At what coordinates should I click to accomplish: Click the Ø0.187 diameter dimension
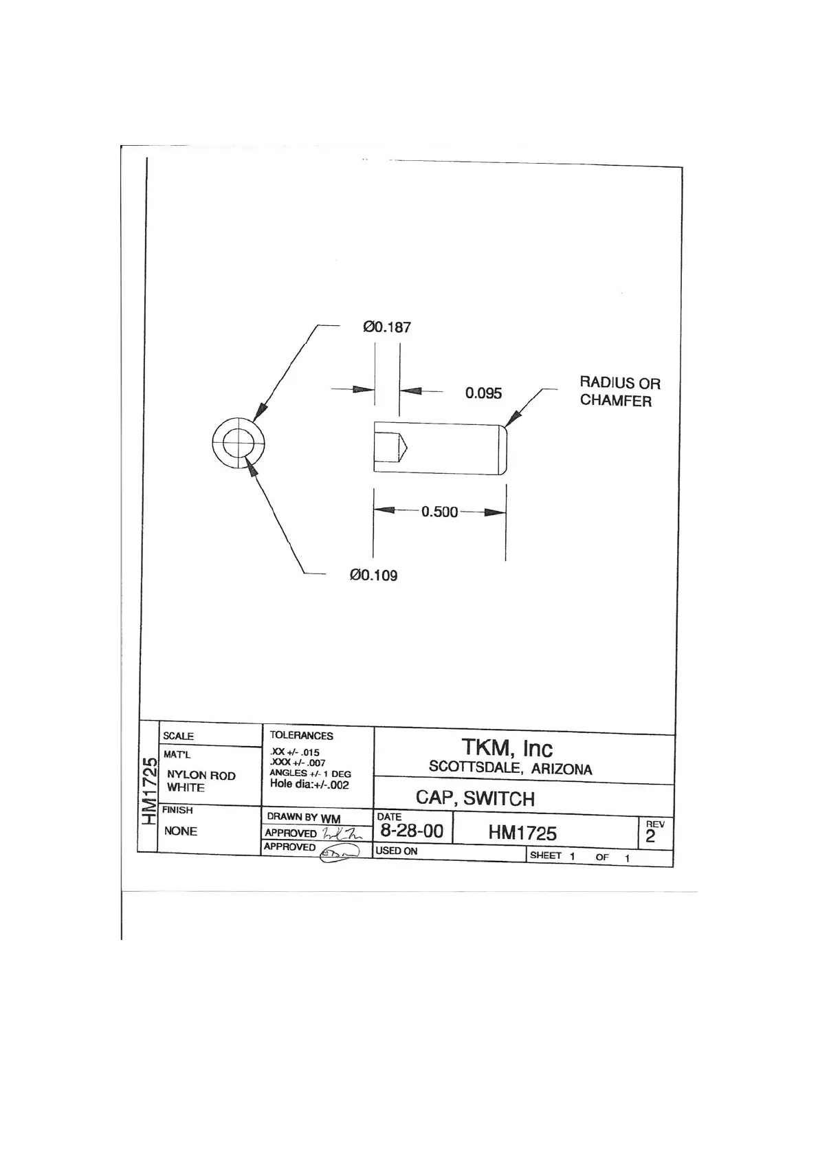click(x=386, y=327)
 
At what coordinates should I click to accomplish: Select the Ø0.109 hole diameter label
click(x=373, y=575)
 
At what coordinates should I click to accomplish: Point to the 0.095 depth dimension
click(x=483, y=393)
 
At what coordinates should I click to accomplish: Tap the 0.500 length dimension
click(x=439, y=512)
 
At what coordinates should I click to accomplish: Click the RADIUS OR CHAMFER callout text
click(x=619, y=392)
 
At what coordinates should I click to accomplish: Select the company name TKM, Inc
click(x=507, y=748)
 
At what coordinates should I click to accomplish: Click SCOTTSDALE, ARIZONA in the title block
click(x=510, y=768)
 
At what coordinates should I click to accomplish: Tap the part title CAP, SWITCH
click(x=475, y=798)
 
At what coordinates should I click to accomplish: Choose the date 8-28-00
click(x=412, y=831)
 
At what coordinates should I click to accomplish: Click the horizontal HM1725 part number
click(x=522, y=833)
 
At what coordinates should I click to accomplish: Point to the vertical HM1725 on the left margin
click(x=148, y=791)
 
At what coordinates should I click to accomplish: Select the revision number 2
click(x=650, y=836)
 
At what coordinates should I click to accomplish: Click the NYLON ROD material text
click(x=201, y=775)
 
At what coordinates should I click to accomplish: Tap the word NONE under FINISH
click(x=180, y=831)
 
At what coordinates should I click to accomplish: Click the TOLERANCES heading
click(x=301, y=735)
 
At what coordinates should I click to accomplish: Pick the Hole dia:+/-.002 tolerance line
click(x=309, y=784)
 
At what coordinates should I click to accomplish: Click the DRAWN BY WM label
click(x=303, y=818)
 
